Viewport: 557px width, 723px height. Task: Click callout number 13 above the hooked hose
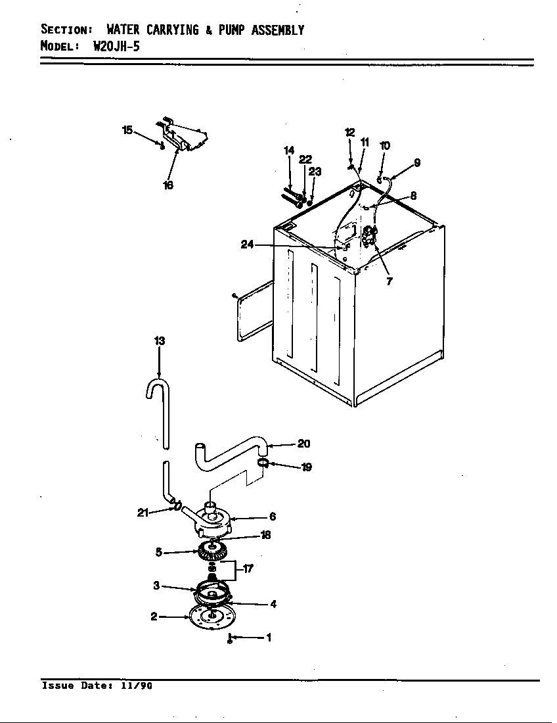160,341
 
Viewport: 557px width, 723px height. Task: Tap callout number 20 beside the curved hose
303,444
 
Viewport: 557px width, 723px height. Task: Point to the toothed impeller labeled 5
212,551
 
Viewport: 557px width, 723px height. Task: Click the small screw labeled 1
230,638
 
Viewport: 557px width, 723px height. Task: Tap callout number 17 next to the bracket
248,569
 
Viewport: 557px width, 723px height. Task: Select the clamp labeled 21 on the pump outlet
177,505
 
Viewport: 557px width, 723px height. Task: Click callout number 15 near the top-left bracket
127,130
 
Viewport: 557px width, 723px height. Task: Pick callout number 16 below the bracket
168,185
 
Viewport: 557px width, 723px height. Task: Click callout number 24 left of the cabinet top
246,245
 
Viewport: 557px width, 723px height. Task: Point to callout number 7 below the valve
390,281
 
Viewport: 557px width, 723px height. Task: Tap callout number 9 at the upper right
416,163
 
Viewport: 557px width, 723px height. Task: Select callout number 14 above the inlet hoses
289,151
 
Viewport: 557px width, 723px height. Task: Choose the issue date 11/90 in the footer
137,686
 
